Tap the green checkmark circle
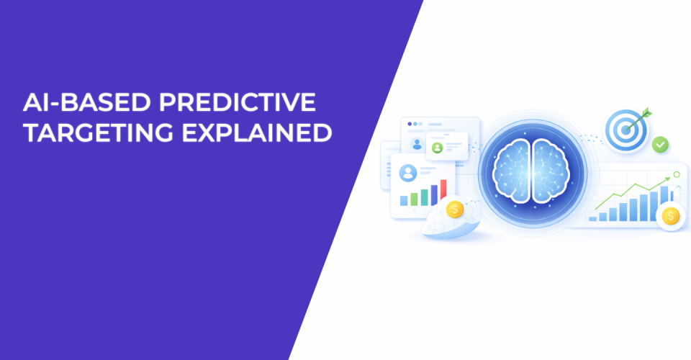point(660,145)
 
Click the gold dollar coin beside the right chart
point(671,215)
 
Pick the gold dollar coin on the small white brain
point(454,210)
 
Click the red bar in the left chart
point(443,192)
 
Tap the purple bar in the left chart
point(433,194)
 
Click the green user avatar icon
point(436,148)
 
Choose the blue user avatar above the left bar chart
point(408,173)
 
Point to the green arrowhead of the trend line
point(667,183)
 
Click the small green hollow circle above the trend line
point(676,174)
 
